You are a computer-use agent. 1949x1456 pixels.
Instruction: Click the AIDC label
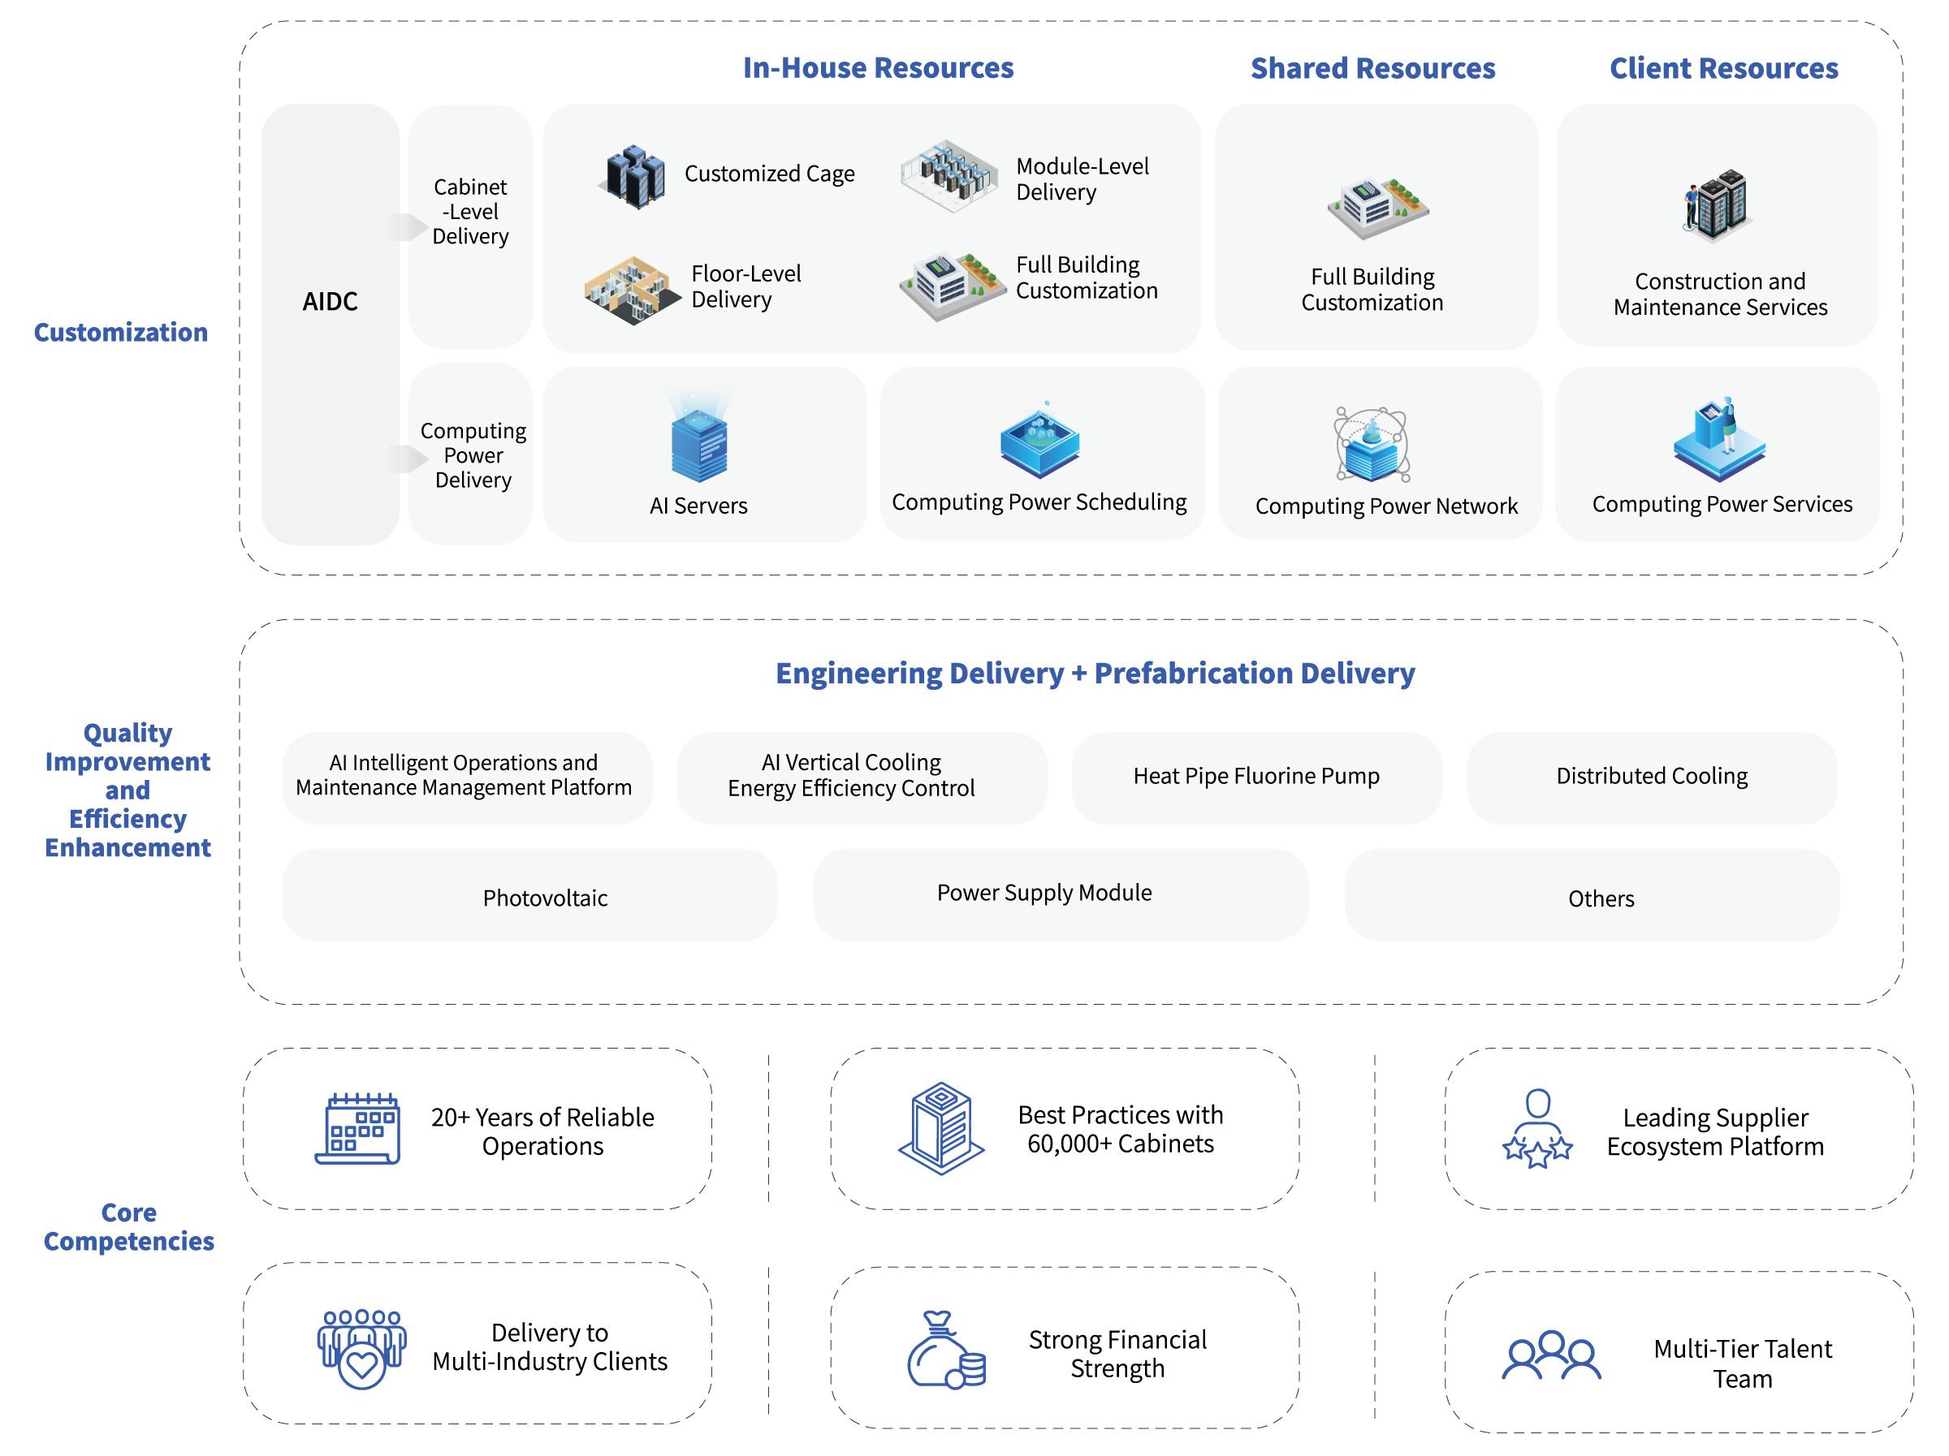(x=330, y=301)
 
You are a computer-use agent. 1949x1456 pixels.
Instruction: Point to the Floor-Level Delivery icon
(x=631, y=290)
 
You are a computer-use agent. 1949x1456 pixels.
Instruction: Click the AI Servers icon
(x=698, y=440)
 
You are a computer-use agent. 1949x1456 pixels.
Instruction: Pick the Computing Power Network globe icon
(x=1372, y=445)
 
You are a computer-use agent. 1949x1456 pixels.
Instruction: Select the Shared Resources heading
(x=1372, y=69)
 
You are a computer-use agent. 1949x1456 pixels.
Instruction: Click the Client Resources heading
(x=1723, y=69)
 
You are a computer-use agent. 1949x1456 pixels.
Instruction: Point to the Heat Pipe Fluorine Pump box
(x=1256, y=777)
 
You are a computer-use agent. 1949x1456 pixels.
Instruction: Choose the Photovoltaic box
(x=529, y=896)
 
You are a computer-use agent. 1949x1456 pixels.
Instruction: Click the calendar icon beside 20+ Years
(x=358, y=1129)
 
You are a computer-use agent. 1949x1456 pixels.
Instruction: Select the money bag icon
(x=944, y=1350)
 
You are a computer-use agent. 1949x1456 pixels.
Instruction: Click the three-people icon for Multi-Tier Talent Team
(x=1551, y=1355)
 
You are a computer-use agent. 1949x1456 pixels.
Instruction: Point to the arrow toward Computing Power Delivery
(x=406, y=458)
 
